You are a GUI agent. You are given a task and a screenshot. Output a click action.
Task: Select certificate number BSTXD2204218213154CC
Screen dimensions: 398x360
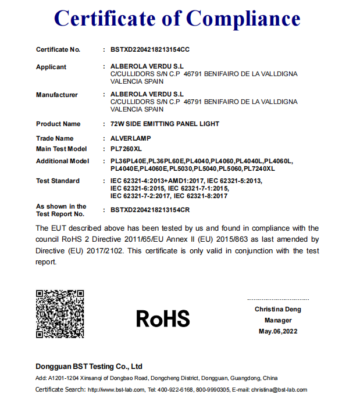[150, 49]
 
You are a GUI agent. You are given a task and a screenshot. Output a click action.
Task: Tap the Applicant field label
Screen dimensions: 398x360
[51, 67]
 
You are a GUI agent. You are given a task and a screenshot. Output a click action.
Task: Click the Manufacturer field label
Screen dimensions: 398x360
[57, 95]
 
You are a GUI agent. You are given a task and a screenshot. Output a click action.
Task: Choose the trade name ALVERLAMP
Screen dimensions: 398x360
[129, 138]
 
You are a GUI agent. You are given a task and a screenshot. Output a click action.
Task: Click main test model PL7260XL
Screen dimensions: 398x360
[126, 149]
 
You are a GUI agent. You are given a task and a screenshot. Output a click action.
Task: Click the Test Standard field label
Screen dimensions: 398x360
[58, 181]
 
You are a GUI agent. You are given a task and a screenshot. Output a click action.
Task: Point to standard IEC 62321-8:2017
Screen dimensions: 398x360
[203, 196]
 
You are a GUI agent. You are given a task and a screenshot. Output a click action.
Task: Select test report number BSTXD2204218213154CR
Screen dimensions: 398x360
[150, 210]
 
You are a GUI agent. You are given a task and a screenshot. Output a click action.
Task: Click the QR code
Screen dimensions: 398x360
[60, 314]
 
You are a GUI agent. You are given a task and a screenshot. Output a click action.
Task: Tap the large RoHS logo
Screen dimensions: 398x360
[163, 318]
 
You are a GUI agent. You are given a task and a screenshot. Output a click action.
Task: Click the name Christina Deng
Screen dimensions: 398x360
[277, 309]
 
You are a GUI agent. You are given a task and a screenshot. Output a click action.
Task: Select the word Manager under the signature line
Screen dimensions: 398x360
[277, 320]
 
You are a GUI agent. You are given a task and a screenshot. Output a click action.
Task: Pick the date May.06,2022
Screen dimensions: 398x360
[277, 331]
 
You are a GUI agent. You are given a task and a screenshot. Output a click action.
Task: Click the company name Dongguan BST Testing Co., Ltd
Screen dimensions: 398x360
[89, 367]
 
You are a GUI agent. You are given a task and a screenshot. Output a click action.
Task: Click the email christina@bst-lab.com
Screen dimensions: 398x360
[282, 389]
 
